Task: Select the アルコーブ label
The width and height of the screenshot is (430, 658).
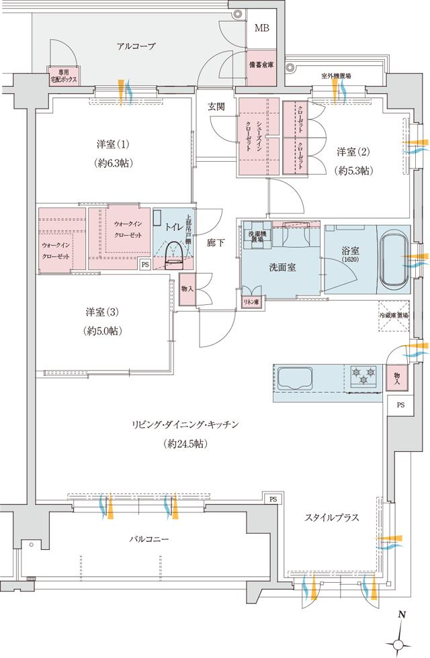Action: tap(136, 46)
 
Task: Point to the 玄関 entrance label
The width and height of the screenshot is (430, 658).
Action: tap(216, 107)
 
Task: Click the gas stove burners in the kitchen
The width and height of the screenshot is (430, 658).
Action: tap(363, 375)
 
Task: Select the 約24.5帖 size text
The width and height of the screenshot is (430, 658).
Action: tap(183, 444)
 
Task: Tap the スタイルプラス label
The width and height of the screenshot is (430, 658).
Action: tap(331, 518)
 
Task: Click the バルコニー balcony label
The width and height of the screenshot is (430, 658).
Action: tap(150, 538)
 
